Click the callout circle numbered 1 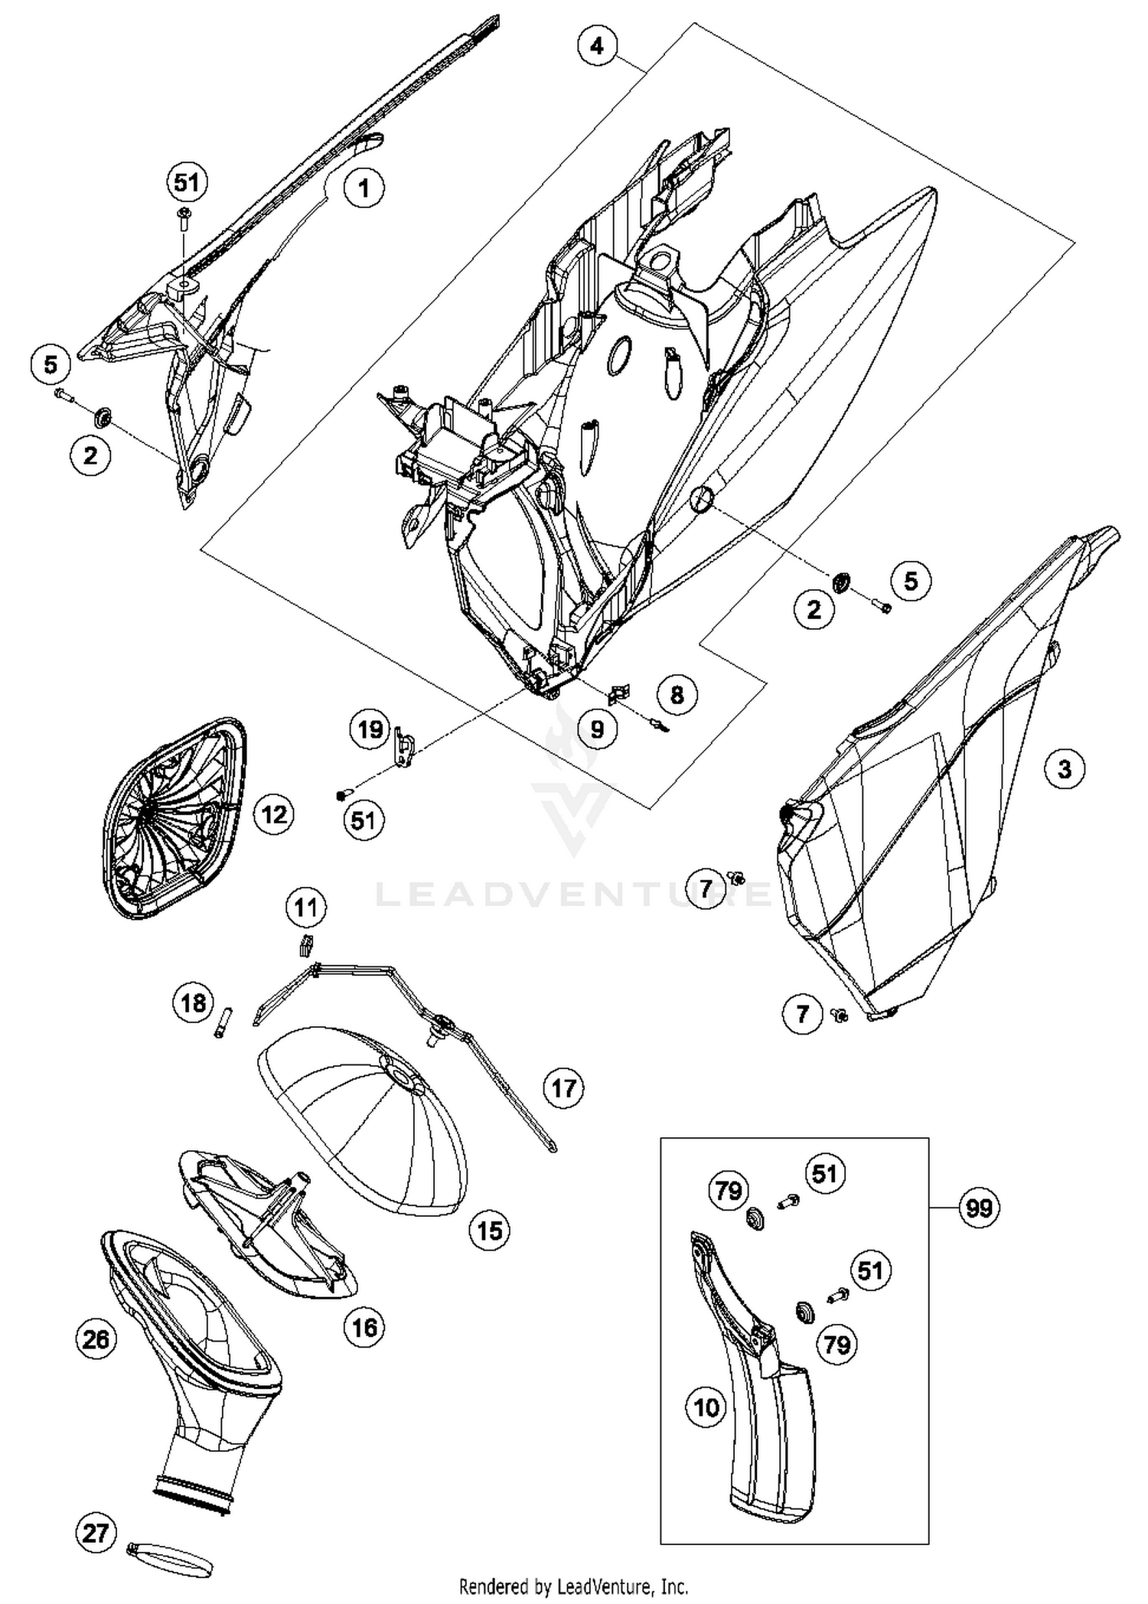click(364, 187)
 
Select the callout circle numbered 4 click(596, 46)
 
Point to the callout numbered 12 click(274, 813)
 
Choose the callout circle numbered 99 click(979, 1208)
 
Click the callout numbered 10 click(706, 1407)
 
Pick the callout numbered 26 click(96, 1339)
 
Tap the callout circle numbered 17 click(563, 1087)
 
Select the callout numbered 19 click(370, 729)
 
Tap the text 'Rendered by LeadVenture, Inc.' click(573, 1586)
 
